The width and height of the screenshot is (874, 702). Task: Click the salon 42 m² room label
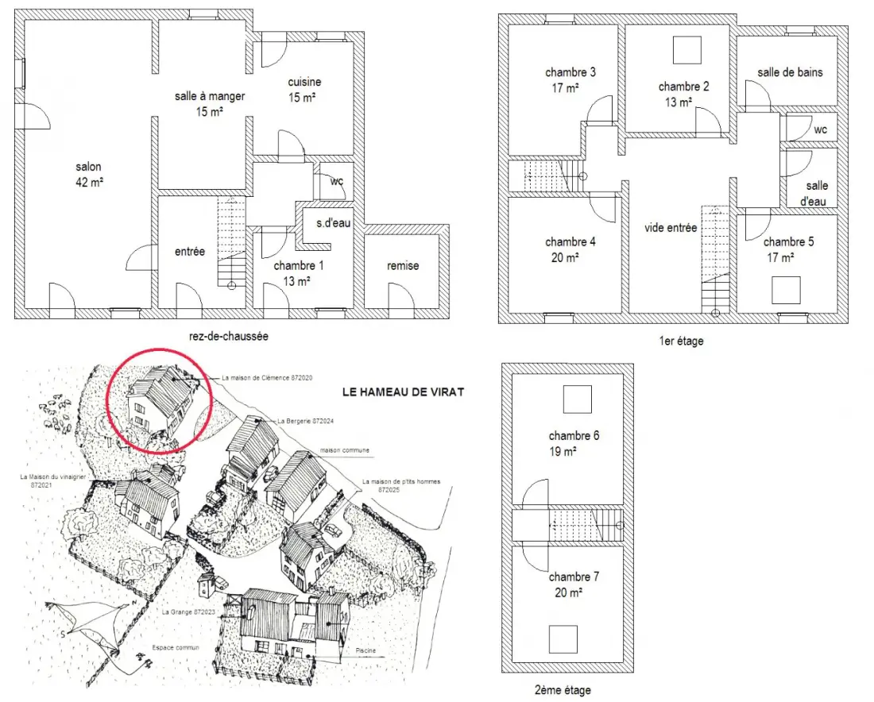tap(89, 175)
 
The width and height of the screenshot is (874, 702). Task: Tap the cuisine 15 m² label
tap(304, 90)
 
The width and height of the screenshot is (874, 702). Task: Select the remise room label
tap(403, 266)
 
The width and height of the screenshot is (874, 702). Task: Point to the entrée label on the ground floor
tap(190, 251)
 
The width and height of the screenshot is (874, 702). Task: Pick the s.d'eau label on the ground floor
tap(334, 223)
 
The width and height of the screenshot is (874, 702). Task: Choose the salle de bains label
tap(790, 72)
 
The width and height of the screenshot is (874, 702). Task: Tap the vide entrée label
tap(671, 227)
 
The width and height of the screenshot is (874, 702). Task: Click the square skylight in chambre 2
tap(686, 50)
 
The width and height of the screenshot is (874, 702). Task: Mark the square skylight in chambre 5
tap(786, 291)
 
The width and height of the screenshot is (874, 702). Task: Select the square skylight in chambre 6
tap(577, 399)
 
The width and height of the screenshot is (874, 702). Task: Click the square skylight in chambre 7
tap(563, 639)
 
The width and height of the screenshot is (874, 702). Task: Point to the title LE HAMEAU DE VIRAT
tap(403, 391)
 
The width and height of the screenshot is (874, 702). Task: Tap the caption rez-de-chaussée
tap(229, 336)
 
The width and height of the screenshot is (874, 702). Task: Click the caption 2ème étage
tap(563, 690)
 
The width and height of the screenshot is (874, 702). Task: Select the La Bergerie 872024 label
tap(305, 421)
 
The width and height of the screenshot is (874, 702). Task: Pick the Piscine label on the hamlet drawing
tap(365, 650)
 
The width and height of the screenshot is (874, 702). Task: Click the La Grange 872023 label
tap(188, 611)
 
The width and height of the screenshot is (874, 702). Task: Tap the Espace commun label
tap(176, 647)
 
